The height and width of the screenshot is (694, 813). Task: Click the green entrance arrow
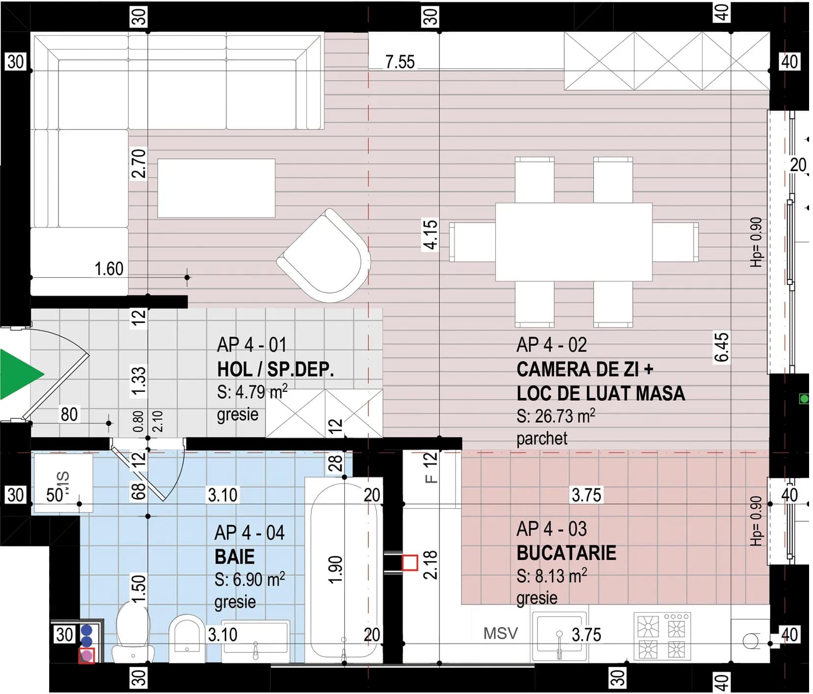(20, 374)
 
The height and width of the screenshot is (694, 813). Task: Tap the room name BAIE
(235, 557)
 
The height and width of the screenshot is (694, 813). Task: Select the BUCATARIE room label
(566, 553)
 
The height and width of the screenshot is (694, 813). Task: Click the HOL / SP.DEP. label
(275, 369)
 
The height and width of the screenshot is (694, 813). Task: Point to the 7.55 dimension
(400, 62)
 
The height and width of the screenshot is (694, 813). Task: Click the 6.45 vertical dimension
(721, 347)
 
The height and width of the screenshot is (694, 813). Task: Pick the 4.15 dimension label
(430, 235)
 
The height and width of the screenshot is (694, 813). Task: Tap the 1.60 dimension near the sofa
(108, 269)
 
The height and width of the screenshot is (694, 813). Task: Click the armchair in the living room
(324, 256)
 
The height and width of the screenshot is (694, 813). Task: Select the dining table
(573, 242)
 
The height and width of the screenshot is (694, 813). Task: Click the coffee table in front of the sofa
(216, 188)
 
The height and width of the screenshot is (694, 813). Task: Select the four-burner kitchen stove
(662, 636)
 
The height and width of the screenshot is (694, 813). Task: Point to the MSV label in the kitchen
(500, 633)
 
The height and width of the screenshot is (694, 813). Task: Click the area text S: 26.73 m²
(556, 416)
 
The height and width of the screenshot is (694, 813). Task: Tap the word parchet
(542, 438)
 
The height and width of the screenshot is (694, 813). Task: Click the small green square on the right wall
(804, 399)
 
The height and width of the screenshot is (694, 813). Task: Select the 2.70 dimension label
(138, 163)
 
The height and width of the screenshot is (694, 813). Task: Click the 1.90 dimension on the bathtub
(336, 569)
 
